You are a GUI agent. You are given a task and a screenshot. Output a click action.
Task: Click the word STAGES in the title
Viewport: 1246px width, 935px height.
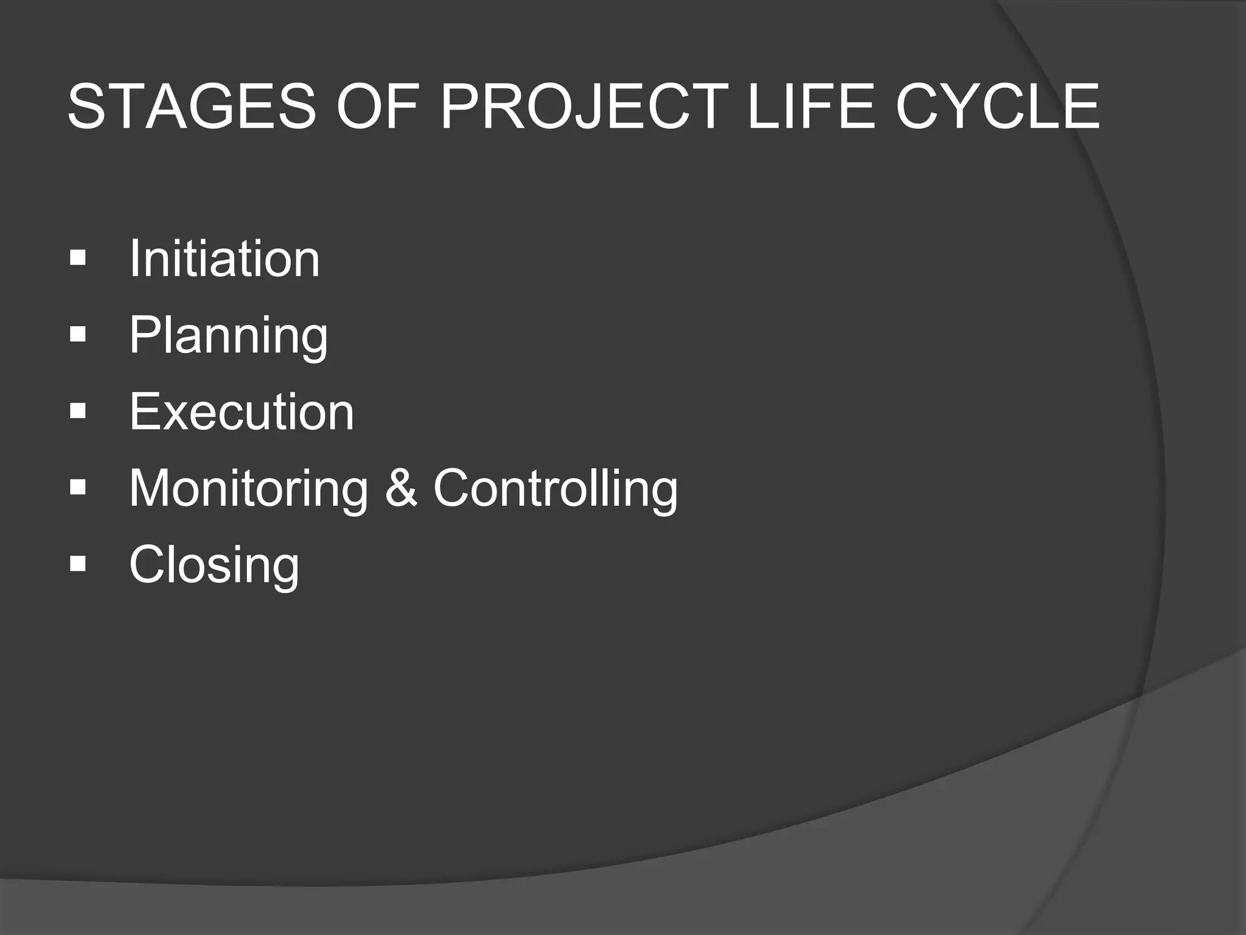coord(192,107)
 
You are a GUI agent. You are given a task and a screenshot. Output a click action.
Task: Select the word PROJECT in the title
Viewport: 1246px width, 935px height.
coord(583,107)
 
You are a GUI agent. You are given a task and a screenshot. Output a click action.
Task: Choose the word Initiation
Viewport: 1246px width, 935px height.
coord(224,259)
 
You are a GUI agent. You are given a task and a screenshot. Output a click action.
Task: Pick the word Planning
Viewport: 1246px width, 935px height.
coord(228,336)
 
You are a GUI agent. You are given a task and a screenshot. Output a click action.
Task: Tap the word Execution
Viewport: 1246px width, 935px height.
coord(241,412)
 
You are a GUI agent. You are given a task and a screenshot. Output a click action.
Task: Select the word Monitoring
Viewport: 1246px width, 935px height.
coord(248,489)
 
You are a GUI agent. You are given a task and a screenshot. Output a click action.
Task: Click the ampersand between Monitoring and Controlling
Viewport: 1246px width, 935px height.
coord(401,489)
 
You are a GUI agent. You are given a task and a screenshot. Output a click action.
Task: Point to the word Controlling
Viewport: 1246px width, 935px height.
coord(555,489)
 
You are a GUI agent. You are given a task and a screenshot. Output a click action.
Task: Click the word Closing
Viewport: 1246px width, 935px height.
coord(214,566)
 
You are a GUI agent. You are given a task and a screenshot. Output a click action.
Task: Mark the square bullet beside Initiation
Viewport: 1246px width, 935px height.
coord(78,259)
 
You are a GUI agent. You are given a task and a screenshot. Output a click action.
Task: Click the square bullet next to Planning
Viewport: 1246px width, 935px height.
coord(78,335)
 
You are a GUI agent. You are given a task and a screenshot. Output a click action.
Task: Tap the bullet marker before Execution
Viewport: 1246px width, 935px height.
coord(78,412)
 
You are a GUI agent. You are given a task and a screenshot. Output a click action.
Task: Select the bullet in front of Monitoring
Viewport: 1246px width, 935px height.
coord(78,488)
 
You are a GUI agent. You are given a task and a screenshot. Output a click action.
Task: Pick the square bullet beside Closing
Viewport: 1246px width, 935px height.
coord(78,565)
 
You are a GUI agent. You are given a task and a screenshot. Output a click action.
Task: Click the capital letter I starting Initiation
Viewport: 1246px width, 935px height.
coord(134,259)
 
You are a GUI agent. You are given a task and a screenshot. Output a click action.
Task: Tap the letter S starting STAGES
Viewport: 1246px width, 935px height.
coord(86,107)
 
